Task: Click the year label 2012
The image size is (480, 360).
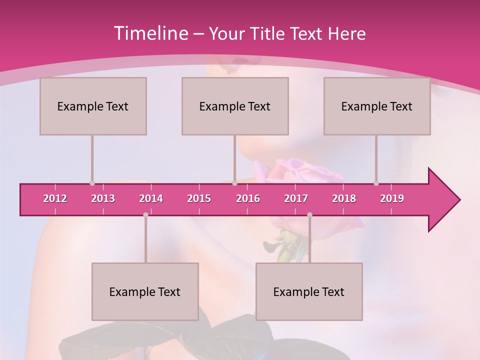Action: coord(55,198)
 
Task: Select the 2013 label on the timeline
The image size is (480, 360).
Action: coord(103,198)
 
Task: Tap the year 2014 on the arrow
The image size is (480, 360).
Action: coord(151,198)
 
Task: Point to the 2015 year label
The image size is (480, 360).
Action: coord(199,198)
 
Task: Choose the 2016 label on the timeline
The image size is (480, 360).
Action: coord(248,198)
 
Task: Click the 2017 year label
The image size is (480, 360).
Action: coord(296,198)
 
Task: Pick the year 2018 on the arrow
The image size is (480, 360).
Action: coord(344,198)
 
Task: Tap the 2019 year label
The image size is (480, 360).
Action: coord(392,198)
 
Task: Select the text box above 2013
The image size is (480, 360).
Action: coord(93,106)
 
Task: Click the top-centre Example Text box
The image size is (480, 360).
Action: coord(235,106)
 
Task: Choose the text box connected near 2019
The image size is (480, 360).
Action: coord(377,106)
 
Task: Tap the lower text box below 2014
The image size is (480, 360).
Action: coord(145,291)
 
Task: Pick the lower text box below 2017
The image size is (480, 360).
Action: coord(309,291)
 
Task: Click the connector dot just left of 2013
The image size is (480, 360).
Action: coord(92,183)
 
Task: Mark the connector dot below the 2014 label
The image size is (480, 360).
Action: coord(145,214)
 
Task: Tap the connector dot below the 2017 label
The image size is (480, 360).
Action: coord(309,214)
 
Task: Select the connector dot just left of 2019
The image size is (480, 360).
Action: coord(376,183)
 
